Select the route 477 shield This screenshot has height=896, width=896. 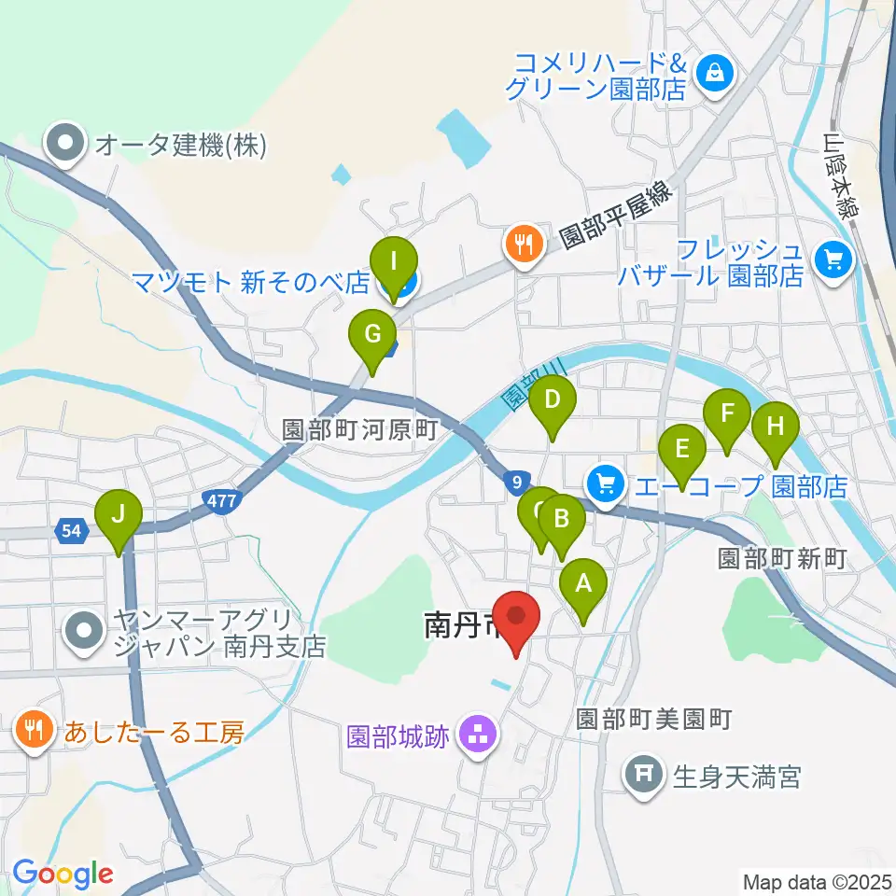[222, 502]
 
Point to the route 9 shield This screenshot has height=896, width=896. [516, 482]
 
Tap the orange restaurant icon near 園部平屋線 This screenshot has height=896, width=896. [521, 245]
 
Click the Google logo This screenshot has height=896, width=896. [63, 873]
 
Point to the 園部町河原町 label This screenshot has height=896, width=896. [359, 430]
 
